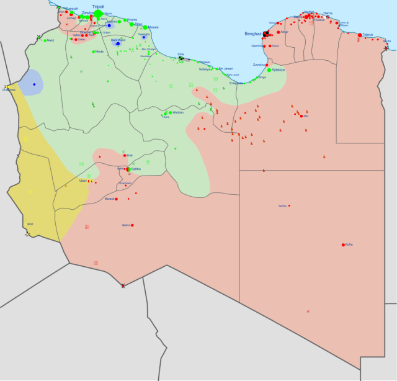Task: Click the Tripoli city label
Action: click(x=98, y=6)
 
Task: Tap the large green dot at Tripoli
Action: click(x=98, y=13)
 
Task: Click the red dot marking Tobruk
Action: click(x=360, y=35)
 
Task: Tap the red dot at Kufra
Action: click(x=343, y=245)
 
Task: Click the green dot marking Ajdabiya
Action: click(x=269, y=70)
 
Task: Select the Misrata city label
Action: click(x=153, y=27)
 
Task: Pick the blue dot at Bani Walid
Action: click(x=117, y=43)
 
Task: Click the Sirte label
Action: click(x=181, y=55)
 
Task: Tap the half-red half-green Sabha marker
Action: click(x=128, y=169)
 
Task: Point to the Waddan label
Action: click(x=178, y=112)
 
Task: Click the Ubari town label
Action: click(x=83, y=181)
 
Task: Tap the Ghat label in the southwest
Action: click(x=30, y=224)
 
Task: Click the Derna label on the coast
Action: click(x=328, y=13)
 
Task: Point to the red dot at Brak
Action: click(x=124, y=155)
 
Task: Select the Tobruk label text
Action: click(x=368, y=35)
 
